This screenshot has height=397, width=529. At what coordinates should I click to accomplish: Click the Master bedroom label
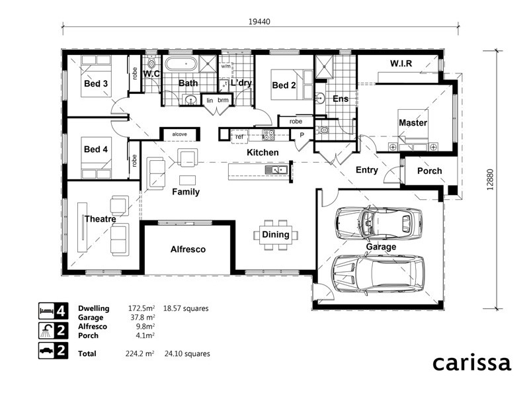(x=413, y=123)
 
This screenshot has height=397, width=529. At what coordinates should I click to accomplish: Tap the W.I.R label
(x=401, y=64)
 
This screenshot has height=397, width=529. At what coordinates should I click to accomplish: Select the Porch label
(x=429, y=171)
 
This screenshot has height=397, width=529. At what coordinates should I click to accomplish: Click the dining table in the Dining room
(x=276, y=235)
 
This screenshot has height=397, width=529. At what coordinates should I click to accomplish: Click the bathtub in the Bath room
(x=181, y=65)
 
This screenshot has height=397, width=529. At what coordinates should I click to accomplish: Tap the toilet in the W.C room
(x=151, y=64)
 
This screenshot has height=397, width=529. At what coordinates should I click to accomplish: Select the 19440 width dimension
(x=261, y=21)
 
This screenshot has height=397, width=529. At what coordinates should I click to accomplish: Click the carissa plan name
(x=471, y=363)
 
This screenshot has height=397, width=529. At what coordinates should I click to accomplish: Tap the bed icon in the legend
(x=46, y=308)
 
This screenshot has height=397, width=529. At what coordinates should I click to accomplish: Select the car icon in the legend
(x=46, y=351)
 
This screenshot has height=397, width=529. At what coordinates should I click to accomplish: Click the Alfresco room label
(x=188, y=249)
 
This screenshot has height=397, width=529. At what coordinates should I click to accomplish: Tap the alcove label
(x=179, y=134)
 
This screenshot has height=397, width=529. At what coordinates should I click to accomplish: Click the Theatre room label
(x=101, y=219)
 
